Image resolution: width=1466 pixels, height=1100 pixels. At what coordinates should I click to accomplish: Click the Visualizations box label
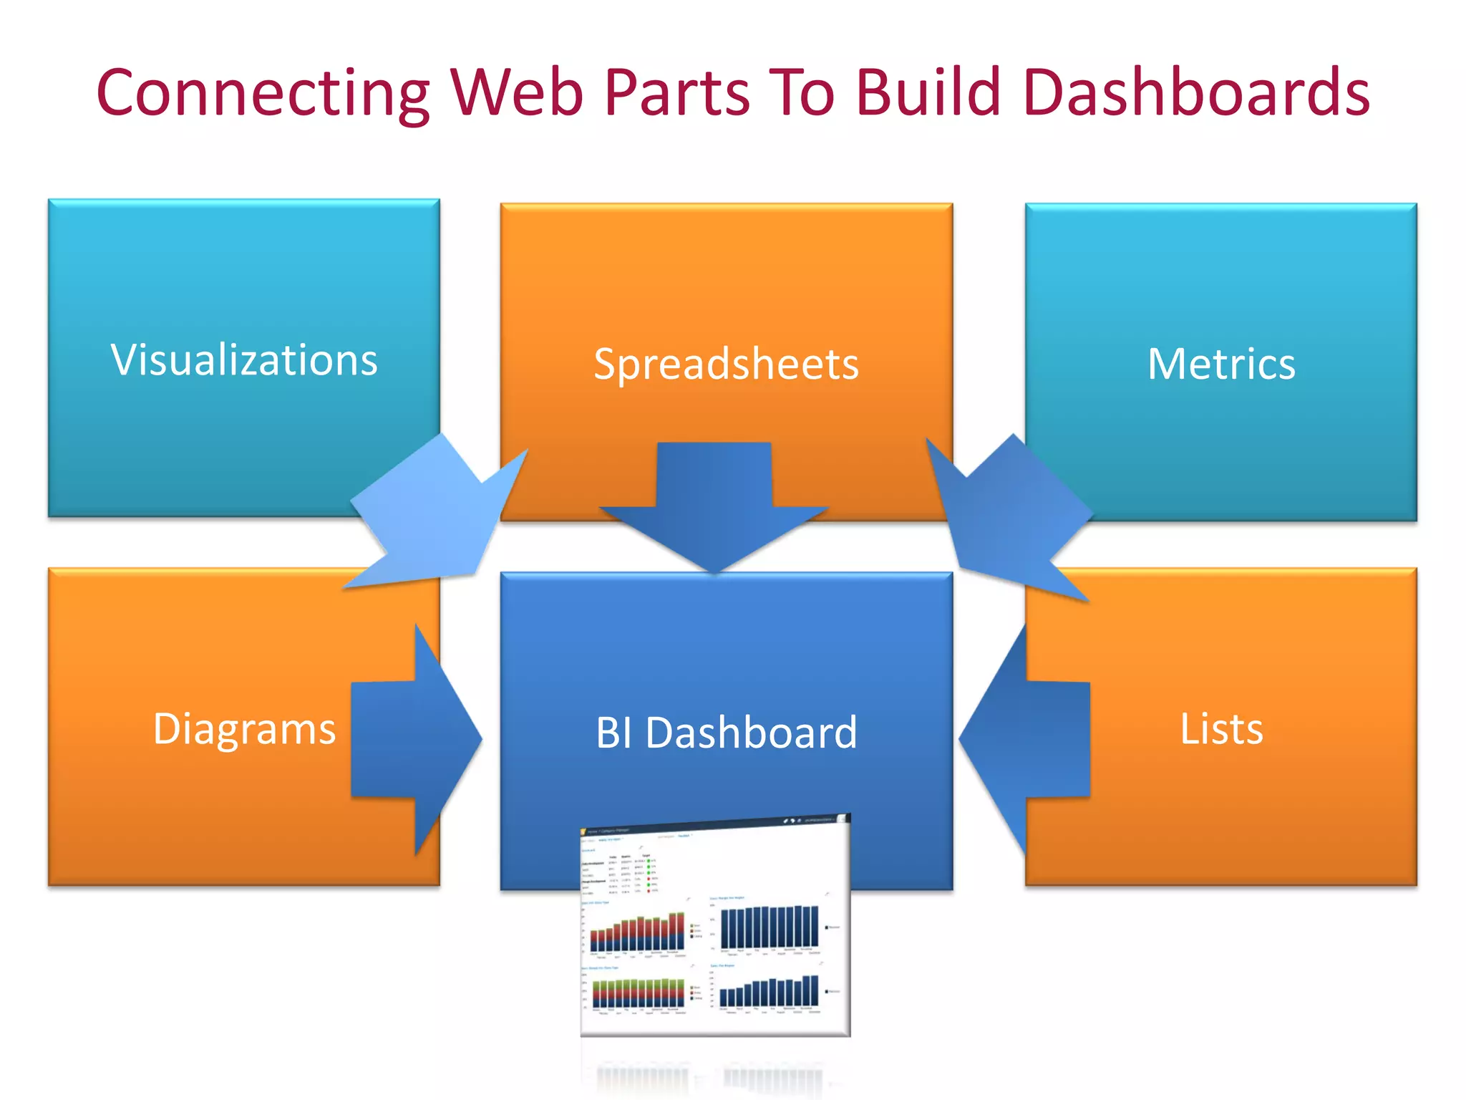[x=244, y=360]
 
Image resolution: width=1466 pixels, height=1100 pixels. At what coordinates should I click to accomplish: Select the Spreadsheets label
[x=726, y=364]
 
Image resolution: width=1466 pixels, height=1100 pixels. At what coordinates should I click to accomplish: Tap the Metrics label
[x=1221, y=364]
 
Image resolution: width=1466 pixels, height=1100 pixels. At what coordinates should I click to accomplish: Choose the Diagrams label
[x=244, y=729]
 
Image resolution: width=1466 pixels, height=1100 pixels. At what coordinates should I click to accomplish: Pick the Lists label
[x=1221, y=729]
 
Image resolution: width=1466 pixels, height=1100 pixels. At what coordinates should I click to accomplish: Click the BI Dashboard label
[x=726, y=733]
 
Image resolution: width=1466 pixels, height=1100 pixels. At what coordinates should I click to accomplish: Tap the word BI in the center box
[x=613, y=733]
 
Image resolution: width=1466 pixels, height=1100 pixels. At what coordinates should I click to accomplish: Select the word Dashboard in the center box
[x=751, y=733]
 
